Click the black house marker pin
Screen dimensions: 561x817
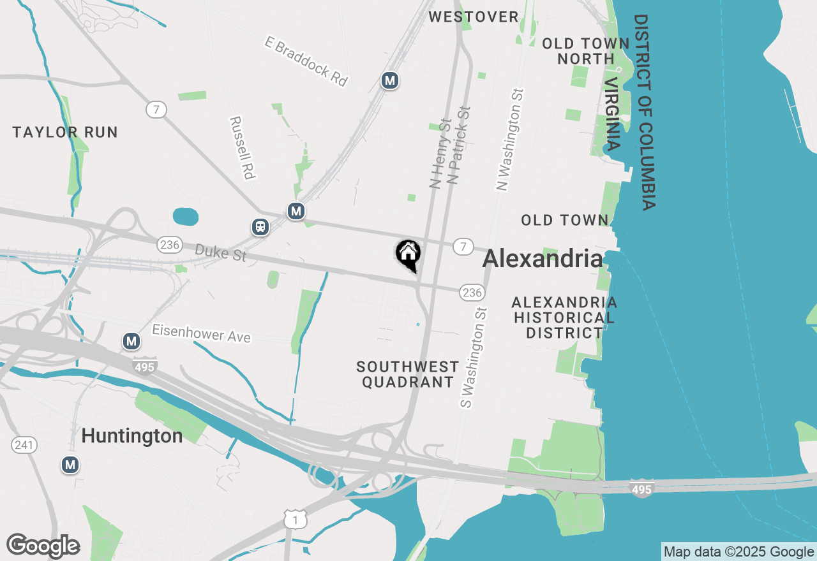pyautogui.click(x=408, y=254)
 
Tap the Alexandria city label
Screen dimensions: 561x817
pyautogui.click(x=542, y=259)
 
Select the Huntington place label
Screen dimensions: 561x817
pyautogui.click(x=132, y=436)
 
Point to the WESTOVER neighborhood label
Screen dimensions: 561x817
pyautogui.click(x=474, y=17)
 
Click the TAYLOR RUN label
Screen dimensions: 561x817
pyautogui.click(x=65, y=133)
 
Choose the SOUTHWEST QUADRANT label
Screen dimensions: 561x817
pyautogui.click(x=407, y=374)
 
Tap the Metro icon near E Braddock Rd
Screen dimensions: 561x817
pyautogui.click(x=389, y=81)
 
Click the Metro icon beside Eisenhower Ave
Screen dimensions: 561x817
pyautogui.click(x=131, y=342)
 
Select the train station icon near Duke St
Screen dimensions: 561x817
pyautogui.click(x=260, y=226)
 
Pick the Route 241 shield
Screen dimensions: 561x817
pyautogui.click(x=24, y=445)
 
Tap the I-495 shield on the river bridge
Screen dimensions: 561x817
pyautogui.click(x=641, y=488)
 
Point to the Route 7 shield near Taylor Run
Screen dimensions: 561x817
pyautogui.click(x=156, y=110)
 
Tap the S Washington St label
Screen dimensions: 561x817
pyautogui.click(x=474, y=357)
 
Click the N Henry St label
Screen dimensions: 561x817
pyautogui.click(x=440, y=153)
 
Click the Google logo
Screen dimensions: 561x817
pyautogui.click(x=43, y=546)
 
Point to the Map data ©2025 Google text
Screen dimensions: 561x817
pyautogui.click(x=738, y=552)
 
